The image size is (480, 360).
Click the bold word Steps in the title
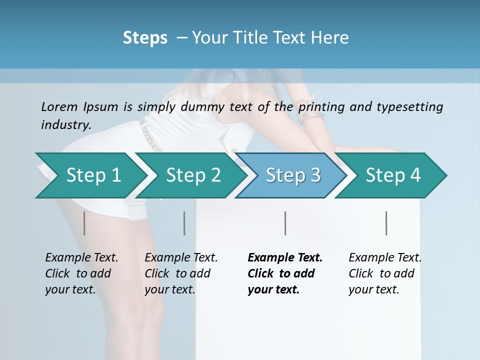click(x=145, y=38)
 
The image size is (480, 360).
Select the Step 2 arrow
click(x=192, y=175)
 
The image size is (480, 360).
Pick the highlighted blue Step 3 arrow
click(x=292, y=175)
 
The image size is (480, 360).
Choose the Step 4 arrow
click(x=392, y=175)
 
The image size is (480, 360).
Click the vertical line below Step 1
click(x=84, y=223)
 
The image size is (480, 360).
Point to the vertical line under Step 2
click(x=184, y=223)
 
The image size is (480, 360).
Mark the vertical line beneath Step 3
click(x=285, y=223)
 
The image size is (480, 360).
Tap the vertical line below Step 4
click(x=386, y=223)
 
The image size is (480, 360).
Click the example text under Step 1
click(x=81, y=273)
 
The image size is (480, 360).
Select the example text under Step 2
click(x=181, y=273)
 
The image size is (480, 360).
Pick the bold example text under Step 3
click(x=285, y=273)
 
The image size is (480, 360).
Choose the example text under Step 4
click(x=385, y=273)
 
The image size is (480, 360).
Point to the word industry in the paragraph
click(x=66, y=124)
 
